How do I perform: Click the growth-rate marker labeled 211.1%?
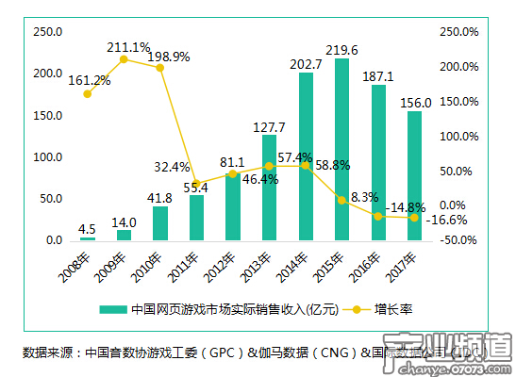coord(124,59)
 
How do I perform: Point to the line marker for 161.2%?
coord(88,93)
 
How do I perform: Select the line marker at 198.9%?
coord(160,68)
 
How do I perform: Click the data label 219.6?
coord(341,49)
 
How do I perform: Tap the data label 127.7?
coord(269,126)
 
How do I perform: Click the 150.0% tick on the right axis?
coord(459,101)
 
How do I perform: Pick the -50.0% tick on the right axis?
coord(459,239)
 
